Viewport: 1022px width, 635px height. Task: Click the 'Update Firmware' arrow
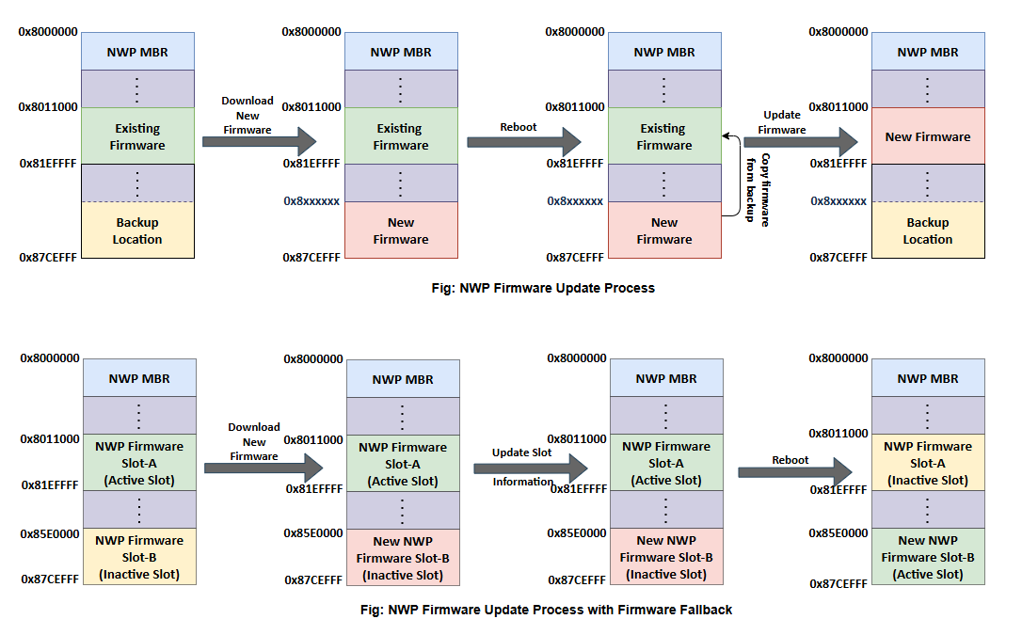pyautogui.click(x=800, y=141)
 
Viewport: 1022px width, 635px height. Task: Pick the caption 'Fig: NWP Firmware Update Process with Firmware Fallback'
pyautogui.click(x=546, y=610)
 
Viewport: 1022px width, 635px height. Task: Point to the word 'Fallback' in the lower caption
pyautogui.click(x=703, y=610)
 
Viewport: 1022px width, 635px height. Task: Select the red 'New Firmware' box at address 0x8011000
pyautogui.click(x=927, y=136)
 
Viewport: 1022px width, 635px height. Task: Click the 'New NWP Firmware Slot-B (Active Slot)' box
pyautogui.click(x=927, y=557)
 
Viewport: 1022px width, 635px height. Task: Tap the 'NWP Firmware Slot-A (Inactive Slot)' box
pyautogui.click(x=927, y=463)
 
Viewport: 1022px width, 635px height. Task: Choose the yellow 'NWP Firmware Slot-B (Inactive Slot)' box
pyautogui.click(x=138, y=557)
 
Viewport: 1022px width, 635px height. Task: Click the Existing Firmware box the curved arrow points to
pyautogui.click(x=663, y=136)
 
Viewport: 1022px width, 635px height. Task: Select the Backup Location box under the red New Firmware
pyautogui.click(x=927, y=230)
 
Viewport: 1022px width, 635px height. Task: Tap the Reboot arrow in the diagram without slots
pyautogui.click(x=524, y=141)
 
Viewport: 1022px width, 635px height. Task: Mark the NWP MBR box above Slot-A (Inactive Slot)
pyautogui.click(x=927, y=378)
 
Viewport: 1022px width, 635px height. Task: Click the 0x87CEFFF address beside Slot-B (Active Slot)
pyautogui.click(x=838, y=584)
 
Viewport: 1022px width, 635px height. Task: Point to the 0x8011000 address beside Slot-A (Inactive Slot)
pyautogui.click(x=838, y=434)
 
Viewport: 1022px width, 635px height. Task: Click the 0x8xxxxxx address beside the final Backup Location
pyautogui.click(x=838, y=201)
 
